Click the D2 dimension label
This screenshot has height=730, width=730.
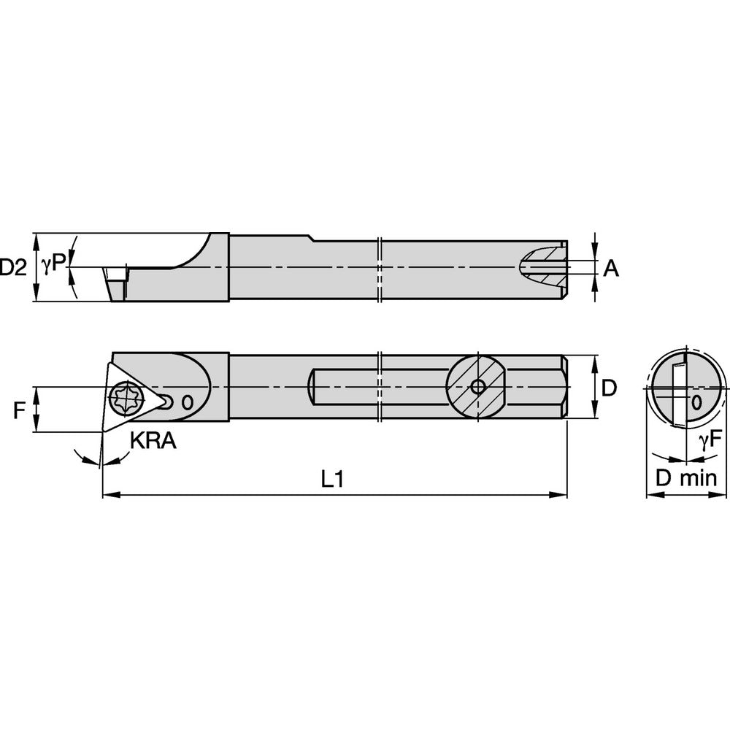click(x=13, y=267)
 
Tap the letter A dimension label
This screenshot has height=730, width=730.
click(x=611, y=269)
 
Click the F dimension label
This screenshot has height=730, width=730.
click(x=19, y=410)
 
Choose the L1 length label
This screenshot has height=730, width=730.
click(x=332, y=479)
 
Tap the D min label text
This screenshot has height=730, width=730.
click(x=685, y=479)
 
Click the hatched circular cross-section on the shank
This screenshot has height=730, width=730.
click(x=477, y=387)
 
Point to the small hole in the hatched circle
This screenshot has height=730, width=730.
click(x=477, y=387)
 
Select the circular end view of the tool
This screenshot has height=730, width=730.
click(x=685, y=387)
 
